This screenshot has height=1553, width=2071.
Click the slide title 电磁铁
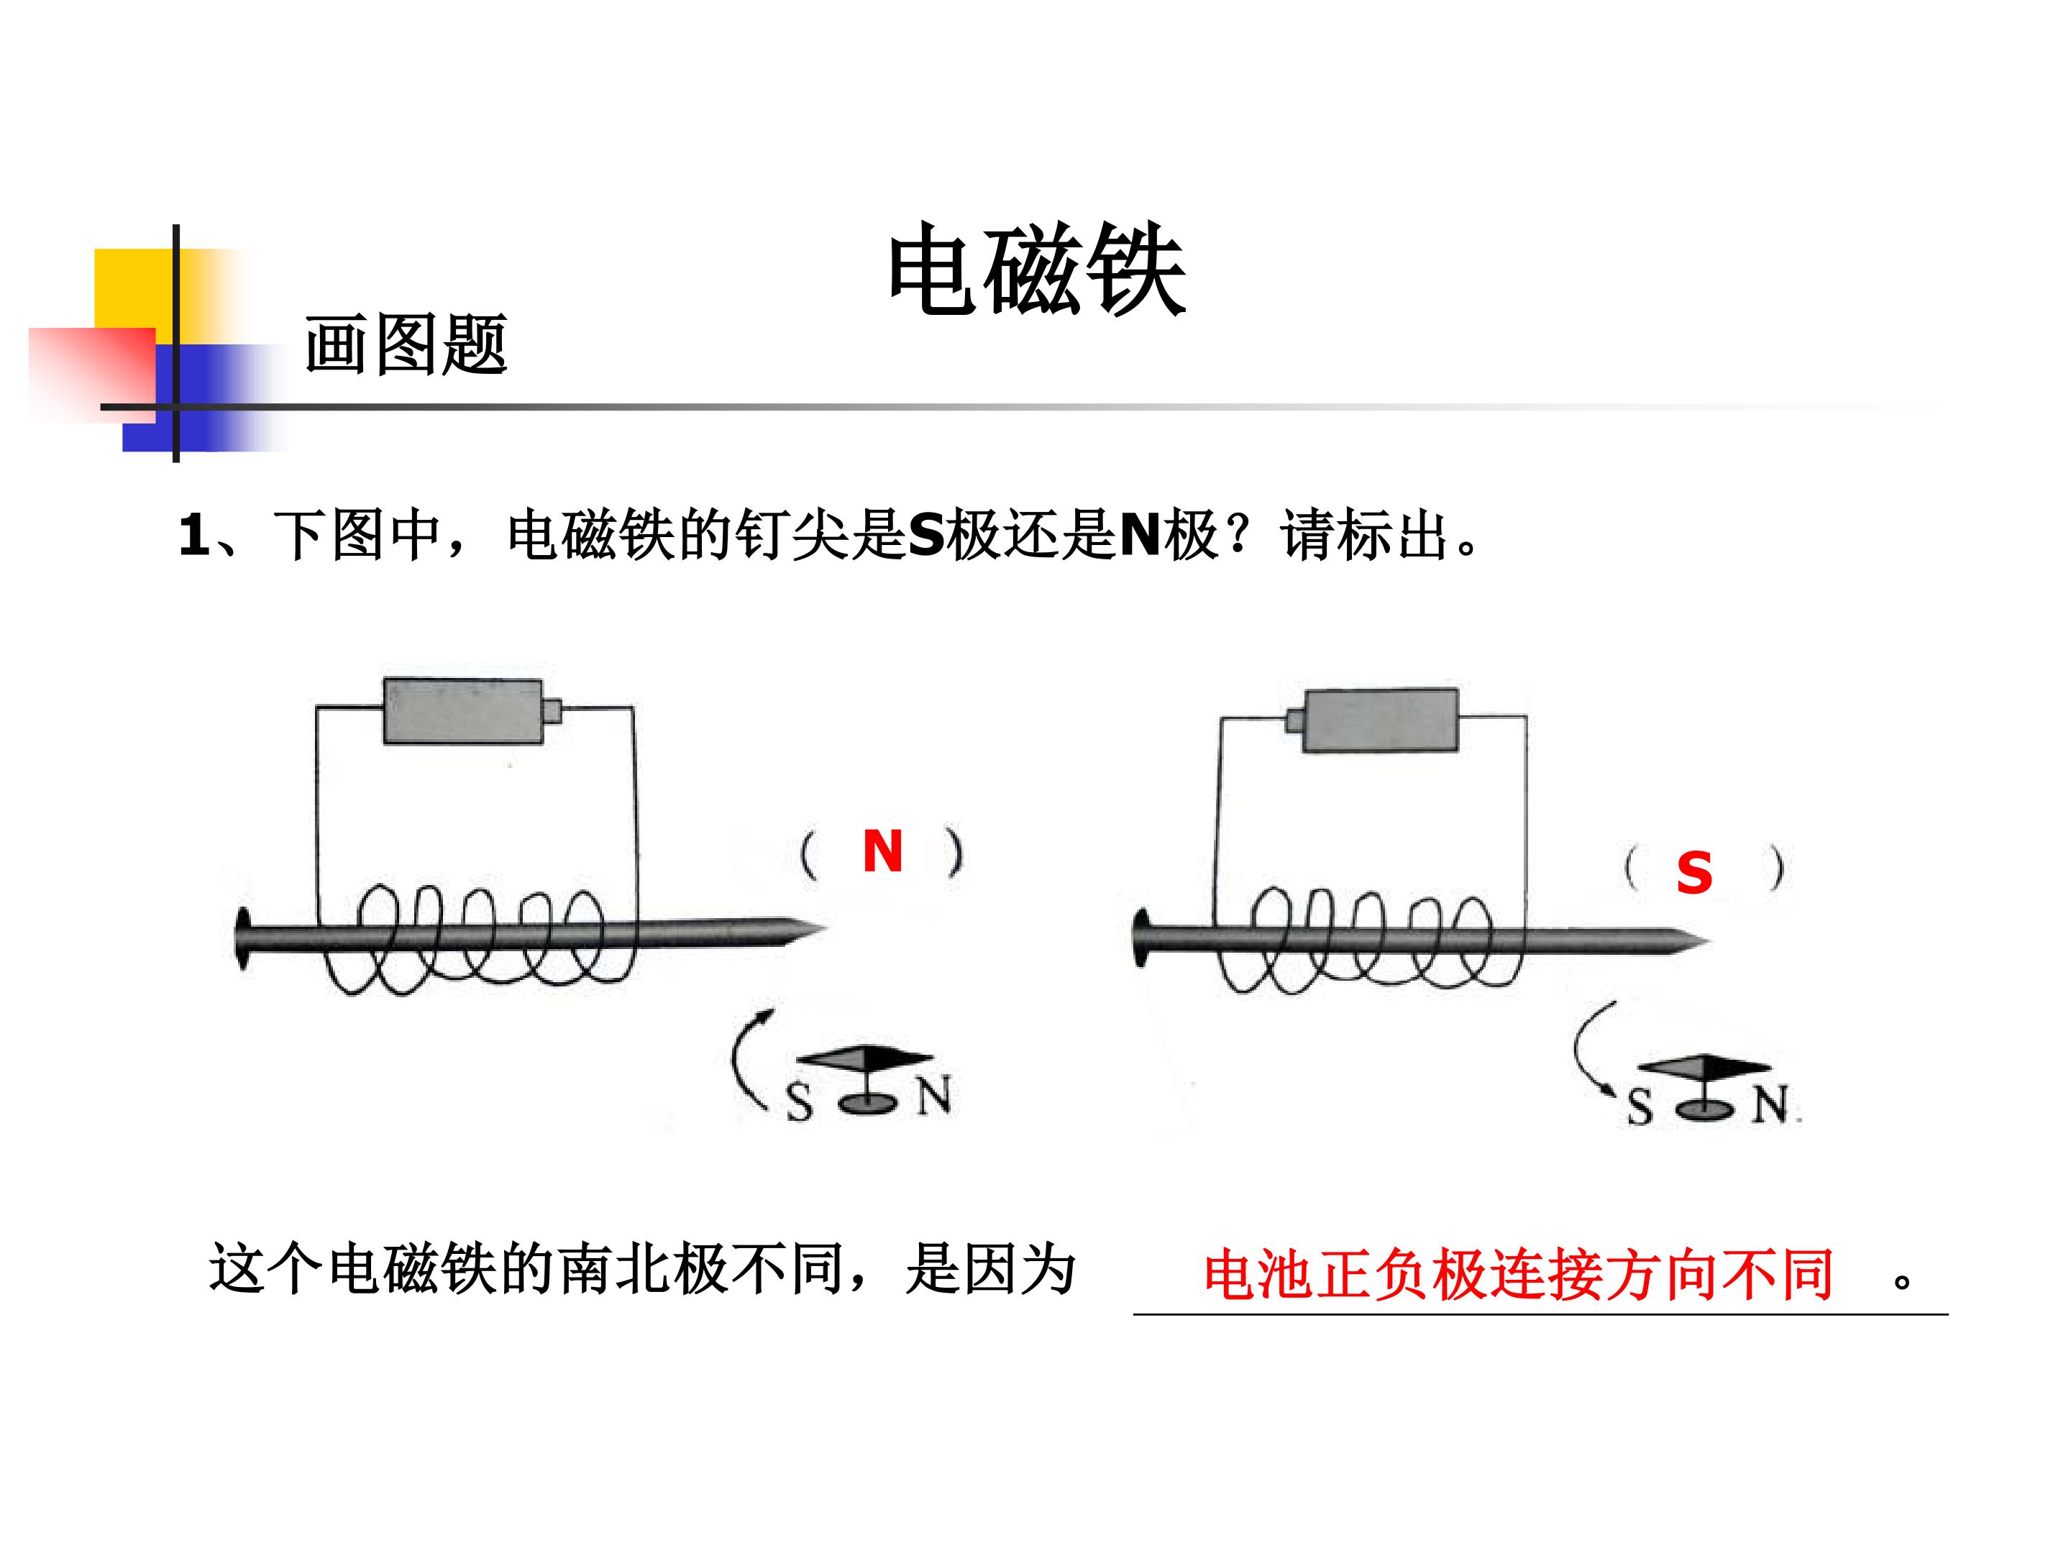click(x=1036, y=270)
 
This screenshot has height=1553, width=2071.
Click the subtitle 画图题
click(x=406, y=344)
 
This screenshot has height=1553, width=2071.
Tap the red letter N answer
click(x=882, y=852)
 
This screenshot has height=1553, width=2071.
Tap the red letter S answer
click(x=1693, y=874)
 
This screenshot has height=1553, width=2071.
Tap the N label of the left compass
click(x=933, y=1095)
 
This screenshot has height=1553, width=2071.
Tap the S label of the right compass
click(x=1638, y=1107)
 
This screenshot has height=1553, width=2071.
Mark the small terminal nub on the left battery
click(x=552, y=712)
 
